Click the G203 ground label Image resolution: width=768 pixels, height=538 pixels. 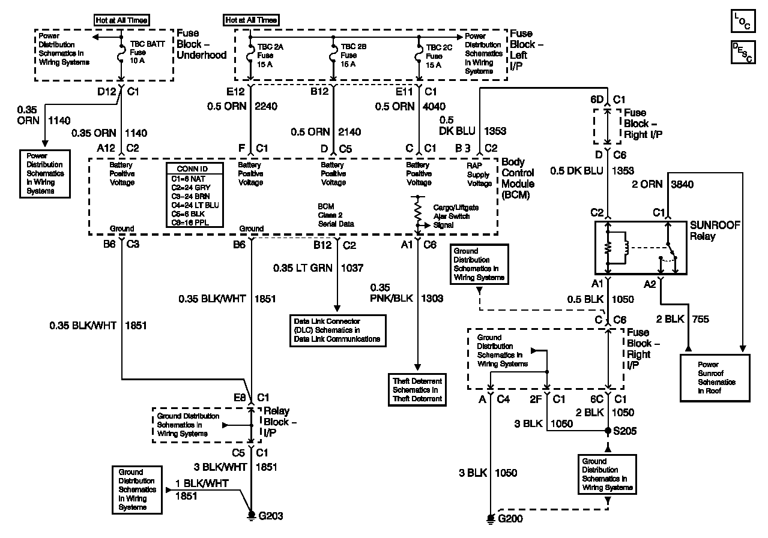pos(271,516)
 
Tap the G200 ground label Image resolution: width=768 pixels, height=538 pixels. pos(510,518)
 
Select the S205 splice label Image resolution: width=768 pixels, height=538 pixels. pos(624,431)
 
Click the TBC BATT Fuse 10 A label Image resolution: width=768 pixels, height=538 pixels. pos(147,52)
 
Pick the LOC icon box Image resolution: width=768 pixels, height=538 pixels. pos(743,21)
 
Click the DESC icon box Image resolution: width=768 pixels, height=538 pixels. pos(743,52)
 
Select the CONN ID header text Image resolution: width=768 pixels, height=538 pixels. pos(192,169)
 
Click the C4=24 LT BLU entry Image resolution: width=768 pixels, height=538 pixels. pos(195,205)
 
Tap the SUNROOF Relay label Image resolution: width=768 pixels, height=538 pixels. pos(715,230)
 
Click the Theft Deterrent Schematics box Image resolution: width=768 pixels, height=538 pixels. pos(417,390)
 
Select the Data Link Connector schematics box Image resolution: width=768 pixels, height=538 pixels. pos(337,330)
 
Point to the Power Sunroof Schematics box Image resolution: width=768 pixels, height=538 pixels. pos(715,378)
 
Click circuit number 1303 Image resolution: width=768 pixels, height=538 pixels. pos(432,298)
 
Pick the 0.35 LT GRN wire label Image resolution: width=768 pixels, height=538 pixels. pos(303,268)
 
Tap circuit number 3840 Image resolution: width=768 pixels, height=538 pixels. pos(682,184)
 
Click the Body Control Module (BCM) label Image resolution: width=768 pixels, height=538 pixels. pos(518,178)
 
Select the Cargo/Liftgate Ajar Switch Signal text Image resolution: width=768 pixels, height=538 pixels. pos(456,216)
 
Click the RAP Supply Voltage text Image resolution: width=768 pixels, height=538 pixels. pos(479,175)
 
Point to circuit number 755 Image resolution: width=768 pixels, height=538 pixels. pos(701,319)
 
